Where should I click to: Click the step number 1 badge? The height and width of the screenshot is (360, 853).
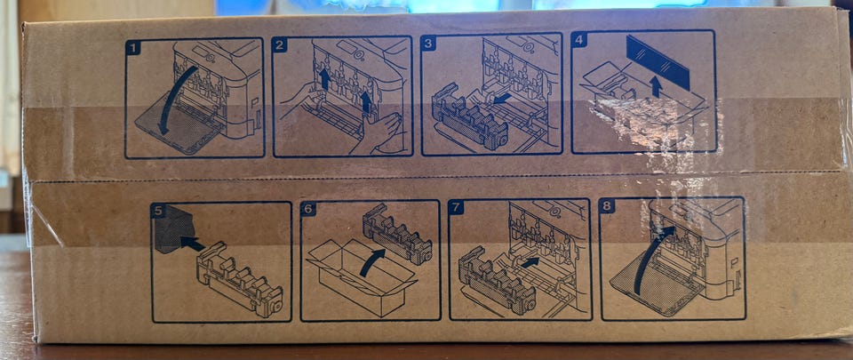pyautogui.click(x=133, y=48)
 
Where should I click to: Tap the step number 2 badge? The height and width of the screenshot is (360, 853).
pyautogui.click(x=279, y=44)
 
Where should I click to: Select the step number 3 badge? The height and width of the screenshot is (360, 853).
pyautogui.click(x=428, y=43)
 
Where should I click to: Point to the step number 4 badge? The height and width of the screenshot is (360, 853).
pyautogui.click(x=578, y=40)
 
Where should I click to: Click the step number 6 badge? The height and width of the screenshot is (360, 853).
pyautogui.click(x=308, y=209)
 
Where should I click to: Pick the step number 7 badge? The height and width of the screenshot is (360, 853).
pyautogui.click(x=457, y=207)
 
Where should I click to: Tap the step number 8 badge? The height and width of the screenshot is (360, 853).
pyautogui.click(x=607, y=205)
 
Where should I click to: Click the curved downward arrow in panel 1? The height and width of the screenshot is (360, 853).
pyautogui.click(x=173, y=97)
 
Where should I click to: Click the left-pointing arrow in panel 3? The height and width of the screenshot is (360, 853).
pyautogui.click(x=502, y=99)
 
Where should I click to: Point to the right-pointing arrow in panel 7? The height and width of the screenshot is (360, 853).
pyautogui.click(x=530, y=262)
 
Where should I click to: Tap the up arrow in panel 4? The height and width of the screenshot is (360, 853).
pyautogui.click(x=657, y=86)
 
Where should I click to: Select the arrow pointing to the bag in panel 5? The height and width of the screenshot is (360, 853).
pyautogui.click(x=192, y=243)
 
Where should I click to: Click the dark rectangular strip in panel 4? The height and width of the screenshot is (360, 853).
pyautogui.click(x=658, y=62)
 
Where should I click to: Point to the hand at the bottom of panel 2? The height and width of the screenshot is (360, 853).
pyautogui.click(x=375, y=134)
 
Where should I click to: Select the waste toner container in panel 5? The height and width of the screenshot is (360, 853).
pyautogui.click(x=239, y=280)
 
